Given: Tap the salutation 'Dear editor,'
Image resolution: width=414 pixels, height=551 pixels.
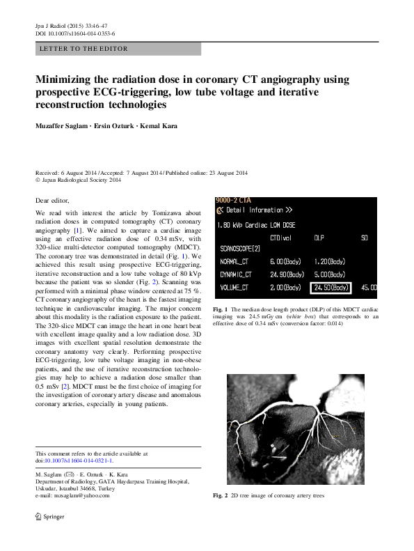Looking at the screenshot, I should coord(52,200).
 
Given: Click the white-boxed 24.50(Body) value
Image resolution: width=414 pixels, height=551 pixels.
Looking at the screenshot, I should coord(331,287).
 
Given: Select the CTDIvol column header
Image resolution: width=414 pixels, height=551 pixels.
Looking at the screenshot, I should coord(274,237).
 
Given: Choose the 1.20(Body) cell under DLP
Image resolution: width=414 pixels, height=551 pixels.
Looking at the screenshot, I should coord(329,262).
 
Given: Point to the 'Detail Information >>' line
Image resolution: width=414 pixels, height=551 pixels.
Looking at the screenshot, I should coord(258,210).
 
